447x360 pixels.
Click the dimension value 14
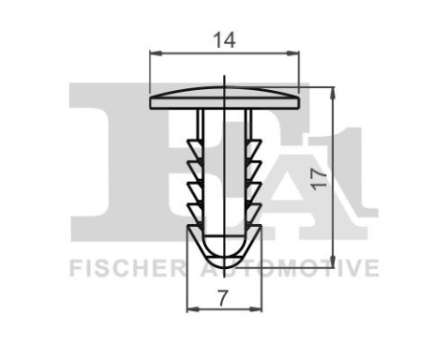click(x=225, y=39)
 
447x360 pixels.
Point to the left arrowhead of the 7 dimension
click(x=190, y=309)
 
